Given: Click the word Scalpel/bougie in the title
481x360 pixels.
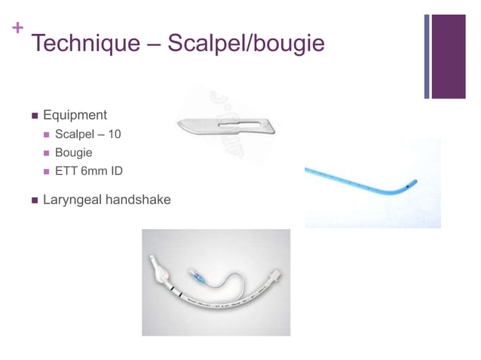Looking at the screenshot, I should tap(246, 44).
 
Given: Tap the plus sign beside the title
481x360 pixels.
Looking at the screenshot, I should tap(17, 29).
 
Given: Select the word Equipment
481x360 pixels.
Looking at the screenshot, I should tap(75, 115).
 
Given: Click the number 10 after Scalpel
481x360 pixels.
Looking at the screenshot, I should tap(114, 135).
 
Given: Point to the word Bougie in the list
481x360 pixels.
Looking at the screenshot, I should tap(74, 153).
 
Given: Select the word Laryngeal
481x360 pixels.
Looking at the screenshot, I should tap(72, 200).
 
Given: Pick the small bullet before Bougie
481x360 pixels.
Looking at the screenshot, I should tap(47, 154).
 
